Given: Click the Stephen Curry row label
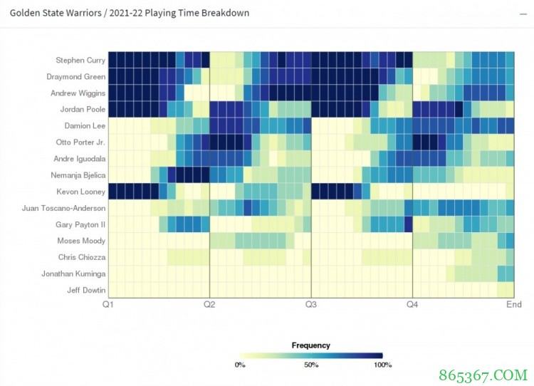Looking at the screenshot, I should point(80,61).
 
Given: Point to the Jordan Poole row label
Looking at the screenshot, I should point(83,110).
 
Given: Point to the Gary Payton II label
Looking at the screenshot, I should point(80,224).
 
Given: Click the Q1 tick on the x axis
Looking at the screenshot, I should point(108,305).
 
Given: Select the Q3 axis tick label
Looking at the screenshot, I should point(311,305).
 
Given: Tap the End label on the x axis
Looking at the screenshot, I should point(513,305).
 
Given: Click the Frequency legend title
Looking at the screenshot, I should point(311,345).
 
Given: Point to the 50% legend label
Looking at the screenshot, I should point(311,365).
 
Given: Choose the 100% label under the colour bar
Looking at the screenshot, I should point(382,365).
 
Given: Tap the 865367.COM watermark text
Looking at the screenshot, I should point(485,373).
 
